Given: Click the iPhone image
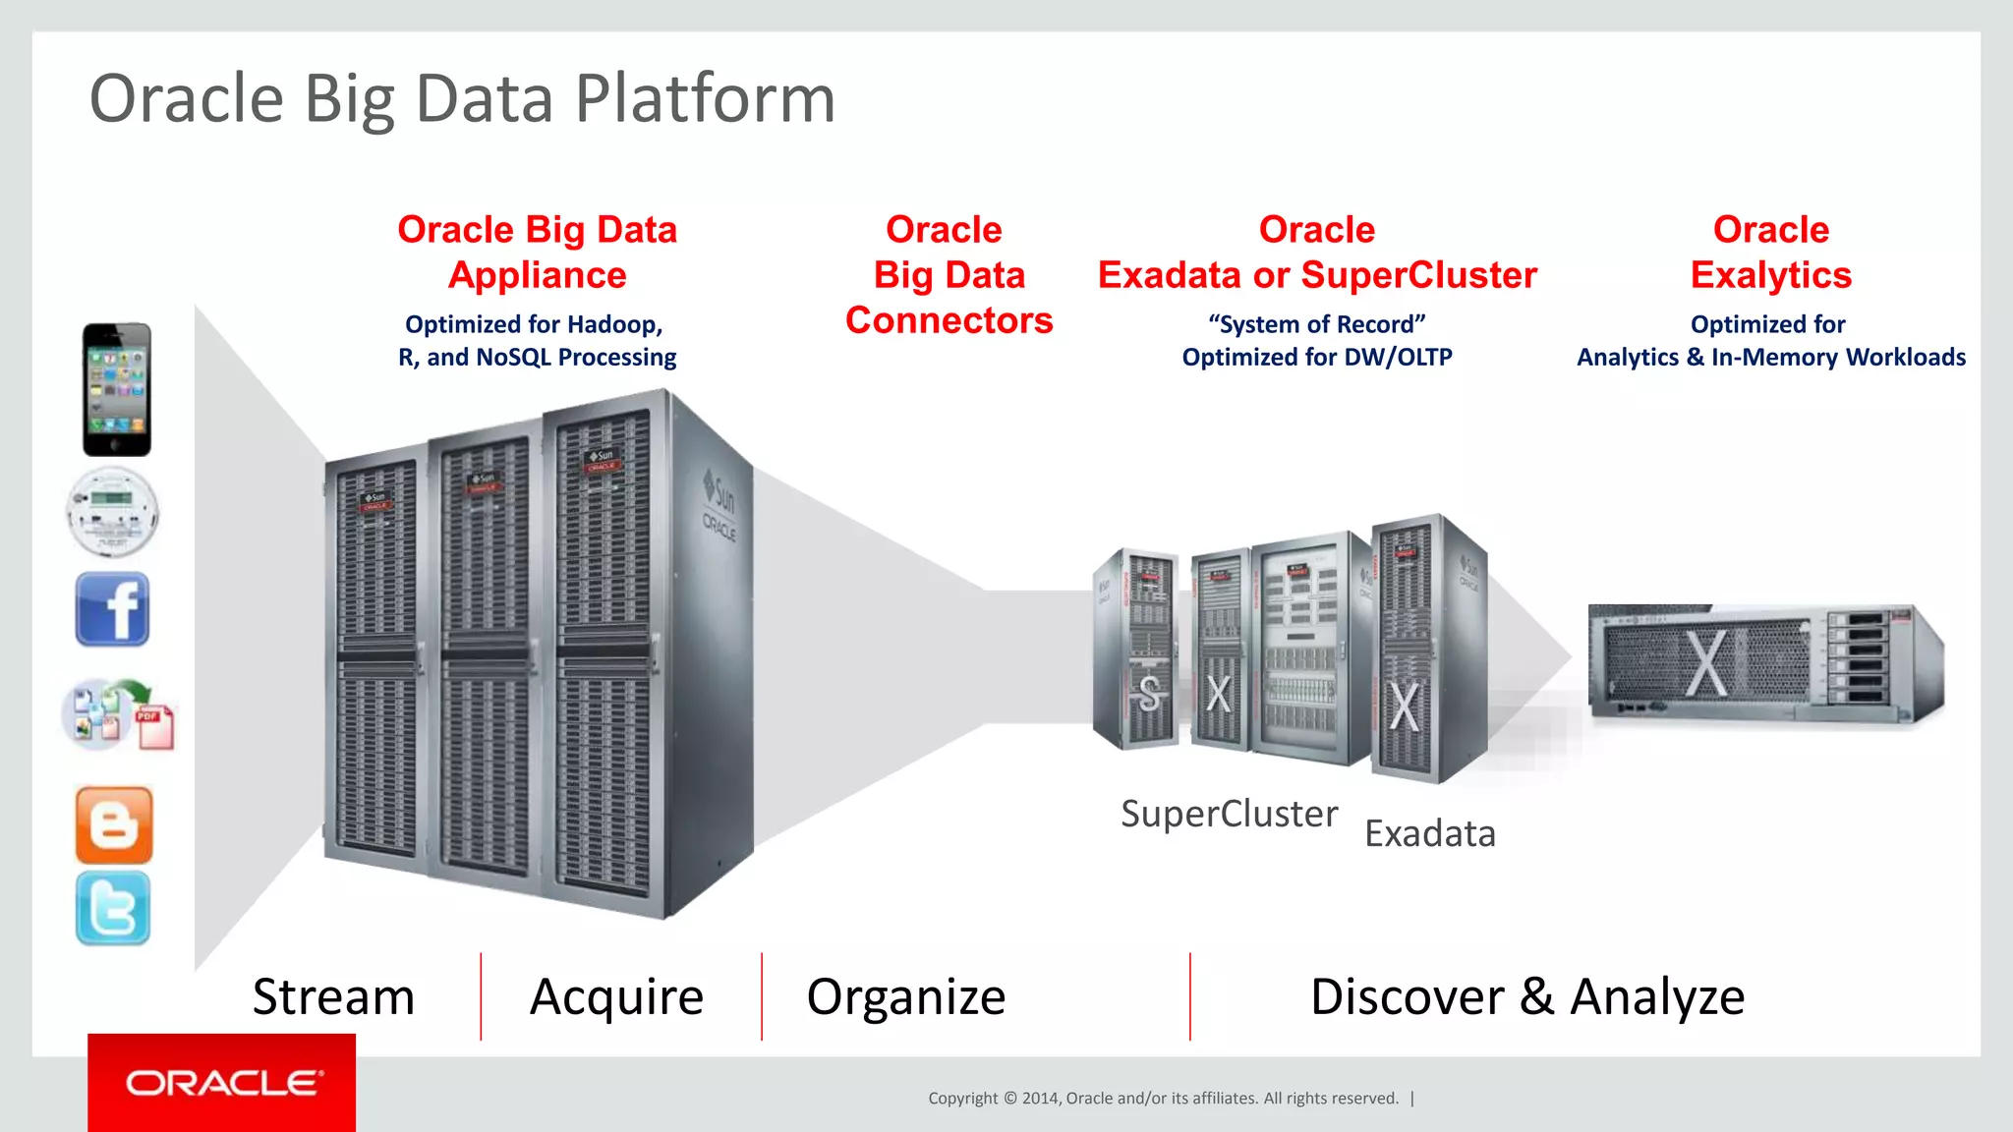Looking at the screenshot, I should (x=117, y=389).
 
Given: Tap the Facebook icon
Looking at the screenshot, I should (x=113, y=609).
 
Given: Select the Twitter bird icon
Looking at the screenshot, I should (x=113, y=908).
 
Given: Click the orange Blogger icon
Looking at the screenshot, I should (x=114, y=824).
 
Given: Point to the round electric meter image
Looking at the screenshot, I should (x=113, y=513).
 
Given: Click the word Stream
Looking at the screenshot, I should (x=333, y=996).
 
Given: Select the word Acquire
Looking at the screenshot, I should (x=616, y=996).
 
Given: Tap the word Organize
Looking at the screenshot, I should (x=905, y=996).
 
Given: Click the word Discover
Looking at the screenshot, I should (x=1407, y=996).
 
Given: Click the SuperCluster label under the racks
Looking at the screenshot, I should (x=1229, y=814).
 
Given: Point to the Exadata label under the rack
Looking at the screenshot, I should (x=1430, y=833).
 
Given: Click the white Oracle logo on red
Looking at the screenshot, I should (x=223, y=1083).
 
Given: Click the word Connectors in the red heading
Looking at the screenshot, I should (x=949, y=320).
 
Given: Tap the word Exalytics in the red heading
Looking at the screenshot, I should (x=1770, y=275).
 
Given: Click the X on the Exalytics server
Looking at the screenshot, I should (x=1705, y=663).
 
